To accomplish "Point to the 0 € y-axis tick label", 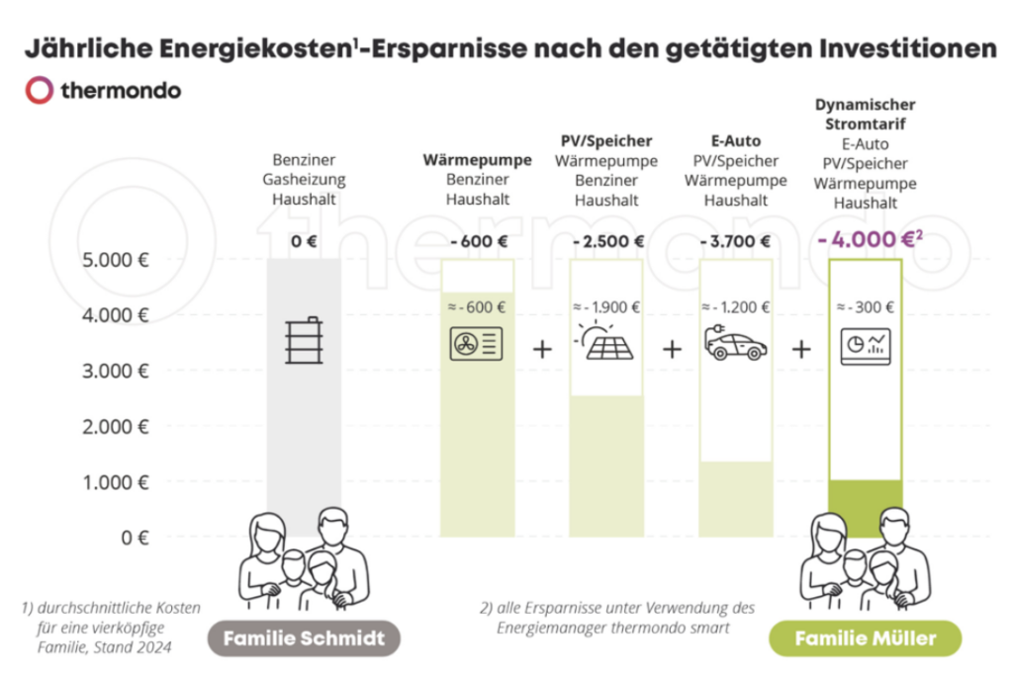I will [x=135, y=538].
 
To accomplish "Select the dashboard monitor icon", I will [x=866, y=346].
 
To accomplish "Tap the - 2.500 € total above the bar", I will [x=608, y=241].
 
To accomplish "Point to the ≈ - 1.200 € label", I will [x=735, y=306].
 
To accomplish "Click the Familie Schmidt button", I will [x=303, y=638].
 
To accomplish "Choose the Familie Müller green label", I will [x=865, y=638].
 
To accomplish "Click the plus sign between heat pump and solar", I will [x=541, y=349].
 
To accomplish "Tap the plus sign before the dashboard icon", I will [x=801, y=349].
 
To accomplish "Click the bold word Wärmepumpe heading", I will [x=477, y=160].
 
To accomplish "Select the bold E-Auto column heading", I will [x=736, y=141].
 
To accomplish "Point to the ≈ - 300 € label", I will [x=866, y=306].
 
